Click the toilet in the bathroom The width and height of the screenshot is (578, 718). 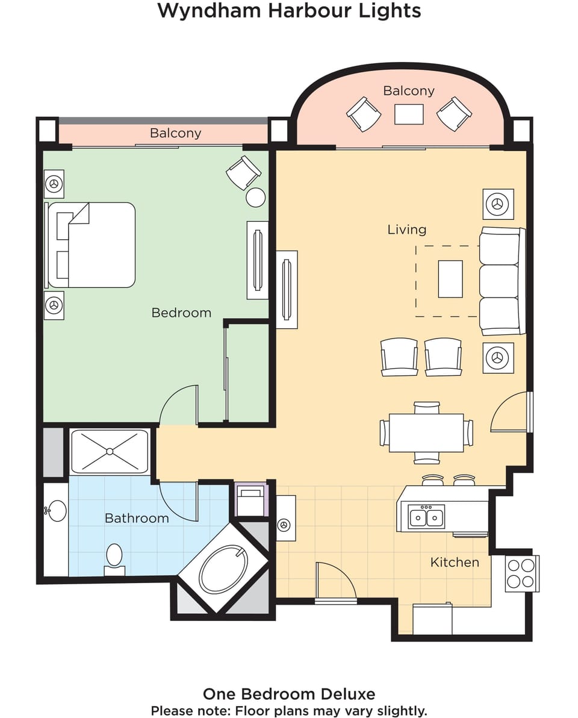pos(114,555)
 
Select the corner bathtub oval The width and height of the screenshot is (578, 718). pos(223,569)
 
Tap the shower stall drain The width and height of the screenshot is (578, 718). pos(110,451)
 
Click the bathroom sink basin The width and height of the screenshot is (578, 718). pos(57,511)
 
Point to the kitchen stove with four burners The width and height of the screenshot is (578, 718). pos(521,573)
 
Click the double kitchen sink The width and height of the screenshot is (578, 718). pos(426,517)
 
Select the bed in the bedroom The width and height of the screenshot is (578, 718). pos(91,245)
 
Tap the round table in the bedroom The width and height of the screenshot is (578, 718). pos(256,198)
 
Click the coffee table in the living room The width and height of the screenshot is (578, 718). pos(450,279)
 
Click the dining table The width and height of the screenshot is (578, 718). pos(426,432)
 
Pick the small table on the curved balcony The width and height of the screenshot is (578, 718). pos(409,114)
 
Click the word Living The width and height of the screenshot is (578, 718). pos(407,229)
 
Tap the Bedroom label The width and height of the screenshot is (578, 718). pos(181,313)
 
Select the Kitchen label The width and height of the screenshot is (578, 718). pos(455,562)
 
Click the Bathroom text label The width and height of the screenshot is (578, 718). pos(137,518)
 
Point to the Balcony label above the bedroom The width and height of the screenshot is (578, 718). pos(175,133)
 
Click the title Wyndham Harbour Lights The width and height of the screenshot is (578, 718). pos(289,11)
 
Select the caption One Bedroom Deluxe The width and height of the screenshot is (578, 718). pos(289,694)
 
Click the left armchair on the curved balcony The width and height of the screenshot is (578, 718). pos(364,114)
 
